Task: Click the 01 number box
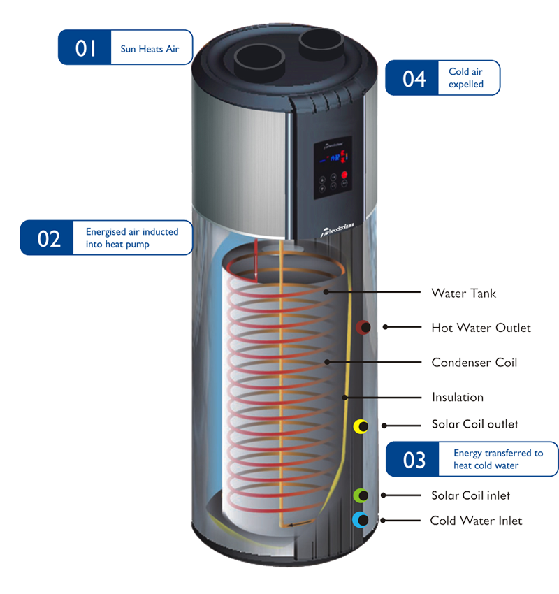(x=85, y=48)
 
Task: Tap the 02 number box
(x=49, y=238)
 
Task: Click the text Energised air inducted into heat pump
(x=131, y=238)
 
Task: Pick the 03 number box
(x=414, y=459)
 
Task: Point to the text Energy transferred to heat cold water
(x=498, y=459)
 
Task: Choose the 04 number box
(x=414, y=78)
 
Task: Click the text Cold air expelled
(x=465, y=78)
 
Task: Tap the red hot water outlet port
(x=363, y=327)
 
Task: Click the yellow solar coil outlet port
(x=361, y=426)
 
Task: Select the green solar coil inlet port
(x=361, y=495)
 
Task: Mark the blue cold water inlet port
(x=361, y=519)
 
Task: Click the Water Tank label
(x=463, y=293)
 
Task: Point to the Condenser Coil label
(x=473, y=363)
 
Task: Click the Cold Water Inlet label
(x=476, y=520)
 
